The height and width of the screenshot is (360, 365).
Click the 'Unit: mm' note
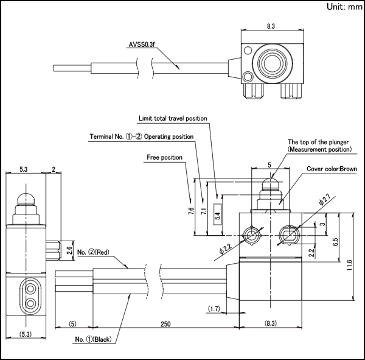coord(344,7)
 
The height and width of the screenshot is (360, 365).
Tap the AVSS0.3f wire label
coord(142,44)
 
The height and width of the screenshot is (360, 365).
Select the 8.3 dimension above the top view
coord(271,26)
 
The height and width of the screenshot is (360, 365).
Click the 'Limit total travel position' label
coord(173,118)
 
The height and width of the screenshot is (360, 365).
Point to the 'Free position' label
coord(164,157)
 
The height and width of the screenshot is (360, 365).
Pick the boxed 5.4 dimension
coord(217,214)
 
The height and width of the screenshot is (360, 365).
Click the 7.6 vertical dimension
coord(191,211)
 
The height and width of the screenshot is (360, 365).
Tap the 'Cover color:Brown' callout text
coord(332,169)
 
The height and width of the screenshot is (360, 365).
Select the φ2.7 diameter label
coord(324,199)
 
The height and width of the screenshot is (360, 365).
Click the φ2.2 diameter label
coord(226,249)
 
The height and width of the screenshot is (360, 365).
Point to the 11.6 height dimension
coord(349,265)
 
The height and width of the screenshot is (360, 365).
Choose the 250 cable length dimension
coord(165,324)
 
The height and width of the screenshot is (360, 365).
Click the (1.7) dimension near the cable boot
coord(214,309)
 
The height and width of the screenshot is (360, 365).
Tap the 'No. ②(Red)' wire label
coord(93,252)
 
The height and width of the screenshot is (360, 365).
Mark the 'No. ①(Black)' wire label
coord(93,339)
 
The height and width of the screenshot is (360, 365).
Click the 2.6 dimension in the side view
coord(69,250)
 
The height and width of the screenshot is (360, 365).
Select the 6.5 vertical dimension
coord(335,242)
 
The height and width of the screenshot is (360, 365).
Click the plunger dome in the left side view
coord(26,199)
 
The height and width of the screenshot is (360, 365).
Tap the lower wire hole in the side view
coord(30,303)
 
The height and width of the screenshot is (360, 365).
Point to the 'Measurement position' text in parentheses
coord(319,149)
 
